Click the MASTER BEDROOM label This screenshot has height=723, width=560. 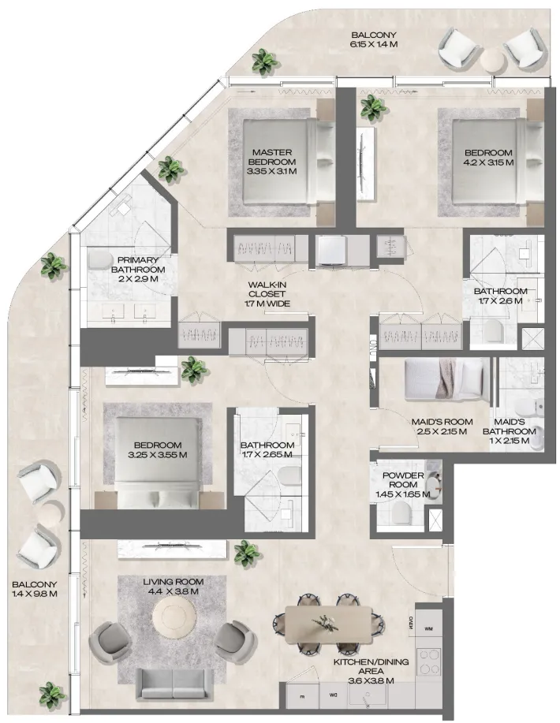click(x=274, y=157)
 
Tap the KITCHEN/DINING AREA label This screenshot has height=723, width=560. click(x=371, y=667)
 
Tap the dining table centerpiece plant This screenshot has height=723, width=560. click(x=324, y=621)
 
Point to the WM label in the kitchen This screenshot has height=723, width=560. click(x=428, y=628)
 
